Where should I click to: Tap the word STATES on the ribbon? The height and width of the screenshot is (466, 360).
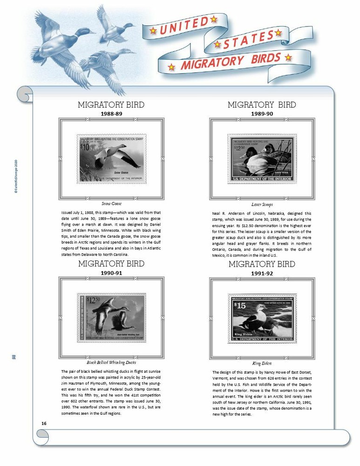point(246,41)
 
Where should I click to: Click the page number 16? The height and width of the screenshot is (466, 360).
point(44,423)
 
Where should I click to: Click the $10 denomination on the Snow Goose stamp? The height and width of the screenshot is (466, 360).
point(84,147)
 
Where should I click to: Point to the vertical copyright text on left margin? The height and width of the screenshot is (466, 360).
point(16,178)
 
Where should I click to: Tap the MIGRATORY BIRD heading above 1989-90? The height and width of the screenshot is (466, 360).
point(261,105)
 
